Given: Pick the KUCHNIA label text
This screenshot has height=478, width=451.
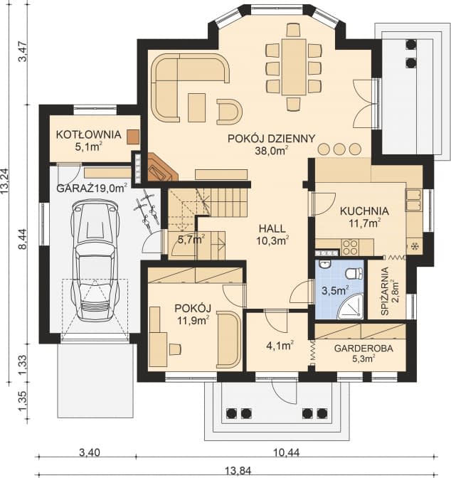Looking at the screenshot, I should [364, 211].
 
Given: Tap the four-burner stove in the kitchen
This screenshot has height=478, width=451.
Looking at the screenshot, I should [350, 247].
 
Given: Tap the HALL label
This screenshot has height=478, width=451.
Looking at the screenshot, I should [272, 228].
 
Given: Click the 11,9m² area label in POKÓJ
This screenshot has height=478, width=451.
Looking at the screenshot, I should [193, 320].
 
